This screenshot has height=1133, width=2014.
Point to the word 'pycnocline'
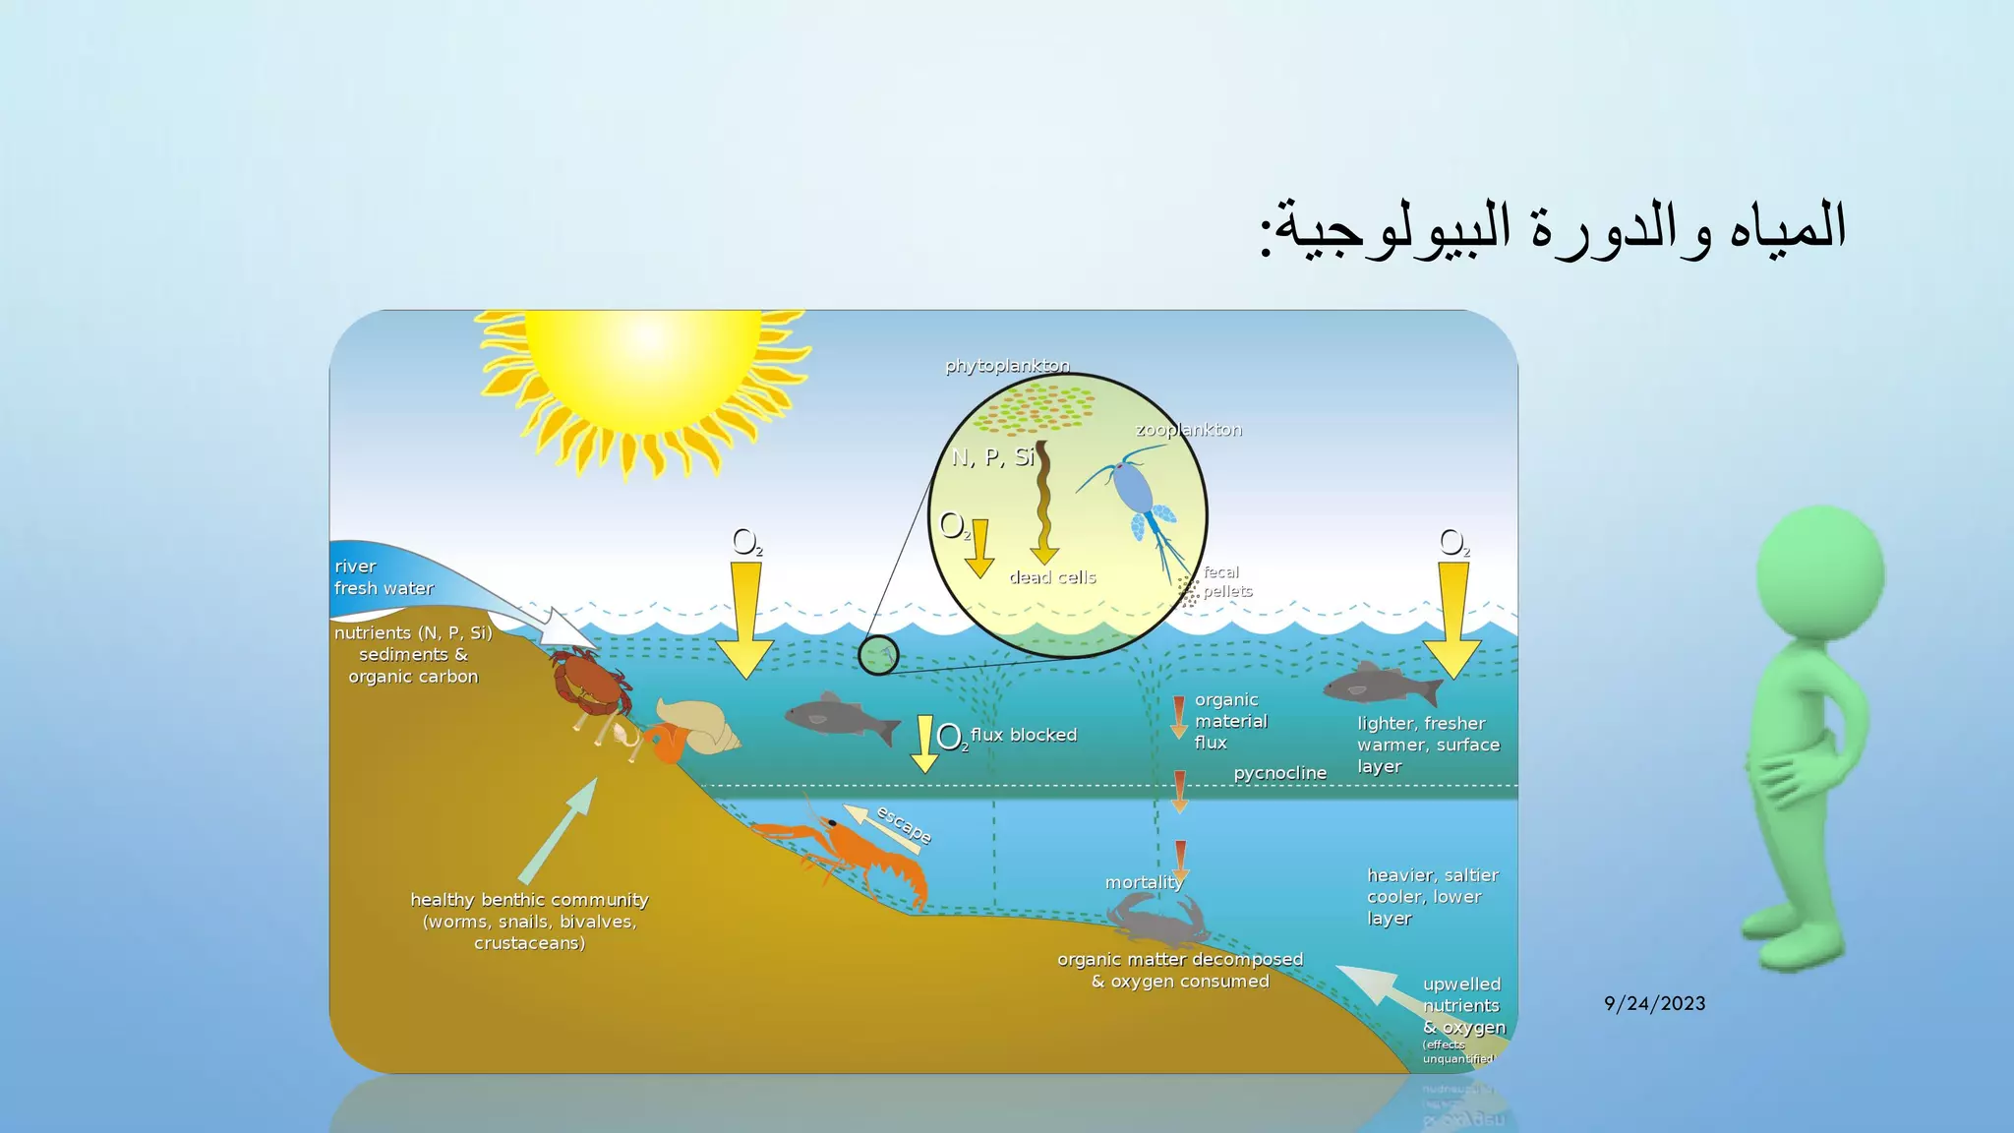[1279, 773]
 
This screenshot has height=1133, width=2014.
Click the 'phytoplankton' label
[1007, 366]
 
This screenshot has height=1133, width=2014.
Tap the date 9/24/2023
[1654, 1003]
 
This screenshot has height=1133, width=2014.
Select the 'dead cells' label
[1052, 577]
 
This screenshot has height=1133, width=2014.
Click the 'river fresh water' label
[384, 577]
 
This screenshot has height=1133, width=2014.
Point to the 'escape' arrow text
[904, 824]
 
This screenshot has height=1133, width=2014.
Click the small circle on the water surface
[878, 655]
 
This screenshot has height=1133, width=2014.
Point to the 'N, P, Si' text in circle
[992, 457]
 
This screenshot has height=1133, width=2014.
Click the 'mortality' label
[1143, 882]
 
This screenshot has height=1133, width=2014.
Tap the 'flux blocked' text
[1024, 735]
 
